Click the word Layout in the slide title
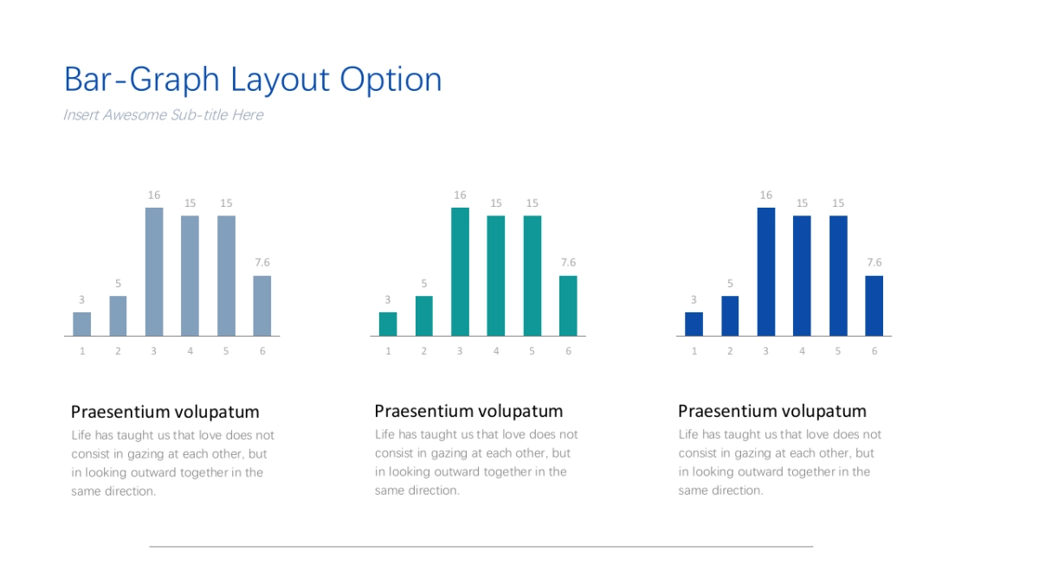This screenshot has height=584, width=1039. tap(280, 80)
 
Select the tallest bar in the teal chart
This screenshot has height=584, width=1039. tap(460, 272)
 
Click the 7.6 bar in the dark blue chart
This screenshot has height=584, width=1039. tap(874, 306)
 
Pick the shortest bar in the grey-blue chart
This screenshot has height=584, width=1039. tap(81, 324)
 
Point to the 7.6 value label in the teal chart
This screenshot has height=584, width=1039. tap(568, 262)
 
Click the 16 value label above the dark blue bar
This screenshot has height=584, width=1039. tap(765, 196)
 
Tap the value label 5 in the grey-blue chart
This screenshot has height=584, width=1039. tap(118, 283)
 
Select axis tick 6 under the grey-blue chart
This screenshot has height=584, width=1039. tap(262, 351)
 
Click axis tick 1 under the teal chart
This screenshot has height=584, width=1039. tap(388, 351)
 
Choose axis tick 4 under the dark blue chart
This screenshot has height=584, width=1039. tap(802, 351)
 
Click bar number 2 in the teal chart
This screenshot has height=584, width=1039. tap(424, 316)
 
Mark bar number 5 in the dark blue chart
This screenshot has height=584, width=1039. tap(838, 276)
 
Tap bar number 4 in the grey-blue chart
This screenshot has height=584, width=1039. tap(190, 276)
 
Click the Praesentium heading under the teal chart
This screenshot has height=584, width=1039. tap(469, 411)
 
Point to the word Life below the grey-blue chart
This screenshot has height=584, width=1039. tap(81, 435)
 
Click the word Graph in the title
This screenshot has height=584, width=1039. tap(174, 80)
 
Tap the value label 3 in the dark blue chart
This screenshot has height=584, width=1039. tap(694, 299)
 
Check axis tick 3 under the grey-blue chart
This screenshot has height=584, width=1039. tap(153, 351)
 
